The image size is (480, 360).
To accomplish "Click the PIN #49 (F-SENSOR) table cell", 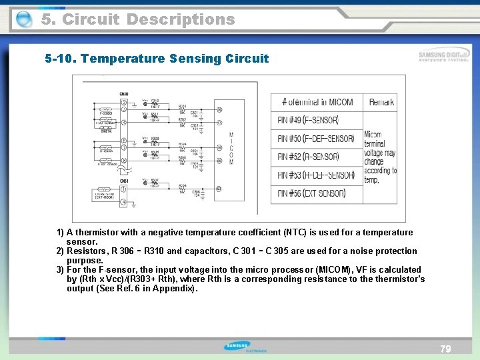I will tap(308, 120).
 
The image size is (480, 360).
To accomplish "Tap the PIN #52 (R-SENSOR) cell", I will tap(308, 157).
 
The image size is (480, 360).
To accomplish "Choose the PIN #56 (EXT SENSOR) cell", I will tap(311, 193).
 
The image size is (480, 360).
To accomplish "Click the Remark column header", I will tap(381, 102).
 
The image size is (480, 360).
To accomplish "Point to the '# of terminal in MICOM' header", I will tap(317, 102).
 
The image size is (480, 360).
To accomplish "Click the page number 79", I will tap(445, 349).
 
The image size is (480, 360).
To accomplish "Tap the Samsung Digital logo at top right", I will tap(443, 57).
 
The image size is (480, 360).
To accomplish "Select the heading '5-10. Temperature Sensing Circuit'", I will tap(157, 59).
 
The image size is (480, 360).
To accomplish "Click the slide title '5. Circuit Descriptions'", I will tap(138, 19).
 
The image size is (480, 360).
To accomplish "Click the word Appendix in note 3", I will tap(175, 289).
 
